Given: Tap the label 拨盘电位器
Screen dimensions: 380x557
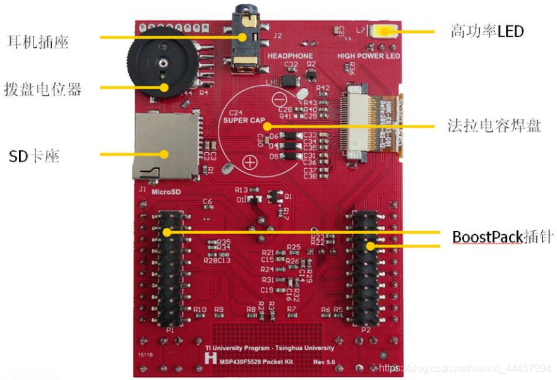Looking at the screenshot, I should pos(42,88).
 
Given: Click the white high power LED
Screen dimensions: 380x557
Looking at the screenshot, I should pos(384,31).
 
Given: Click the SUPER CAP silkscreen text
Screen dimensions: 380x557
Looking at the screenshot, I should pos(244,121).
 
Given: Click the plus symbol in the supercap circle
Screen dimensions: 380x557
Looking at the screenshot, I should pos(250,162).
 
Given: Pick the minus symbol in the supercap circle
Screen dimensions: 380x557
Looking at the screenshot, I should pos(278,98).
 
